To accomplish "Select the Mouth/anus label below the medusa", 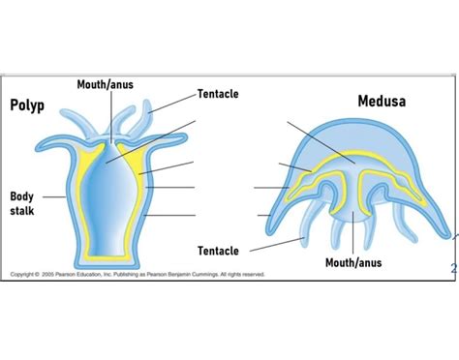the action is (x=353, y=262).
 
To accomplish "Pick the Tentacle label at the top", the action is (x=218, y=94).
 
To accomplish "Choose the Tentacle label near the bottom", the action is (x=218, y=251).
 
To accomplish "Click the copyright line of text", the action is (x=136, y=274).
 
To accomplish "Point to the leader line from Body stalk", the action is (x=54, y=196).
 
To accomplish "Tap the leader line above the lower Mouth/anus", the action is (x=353, y=232).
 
